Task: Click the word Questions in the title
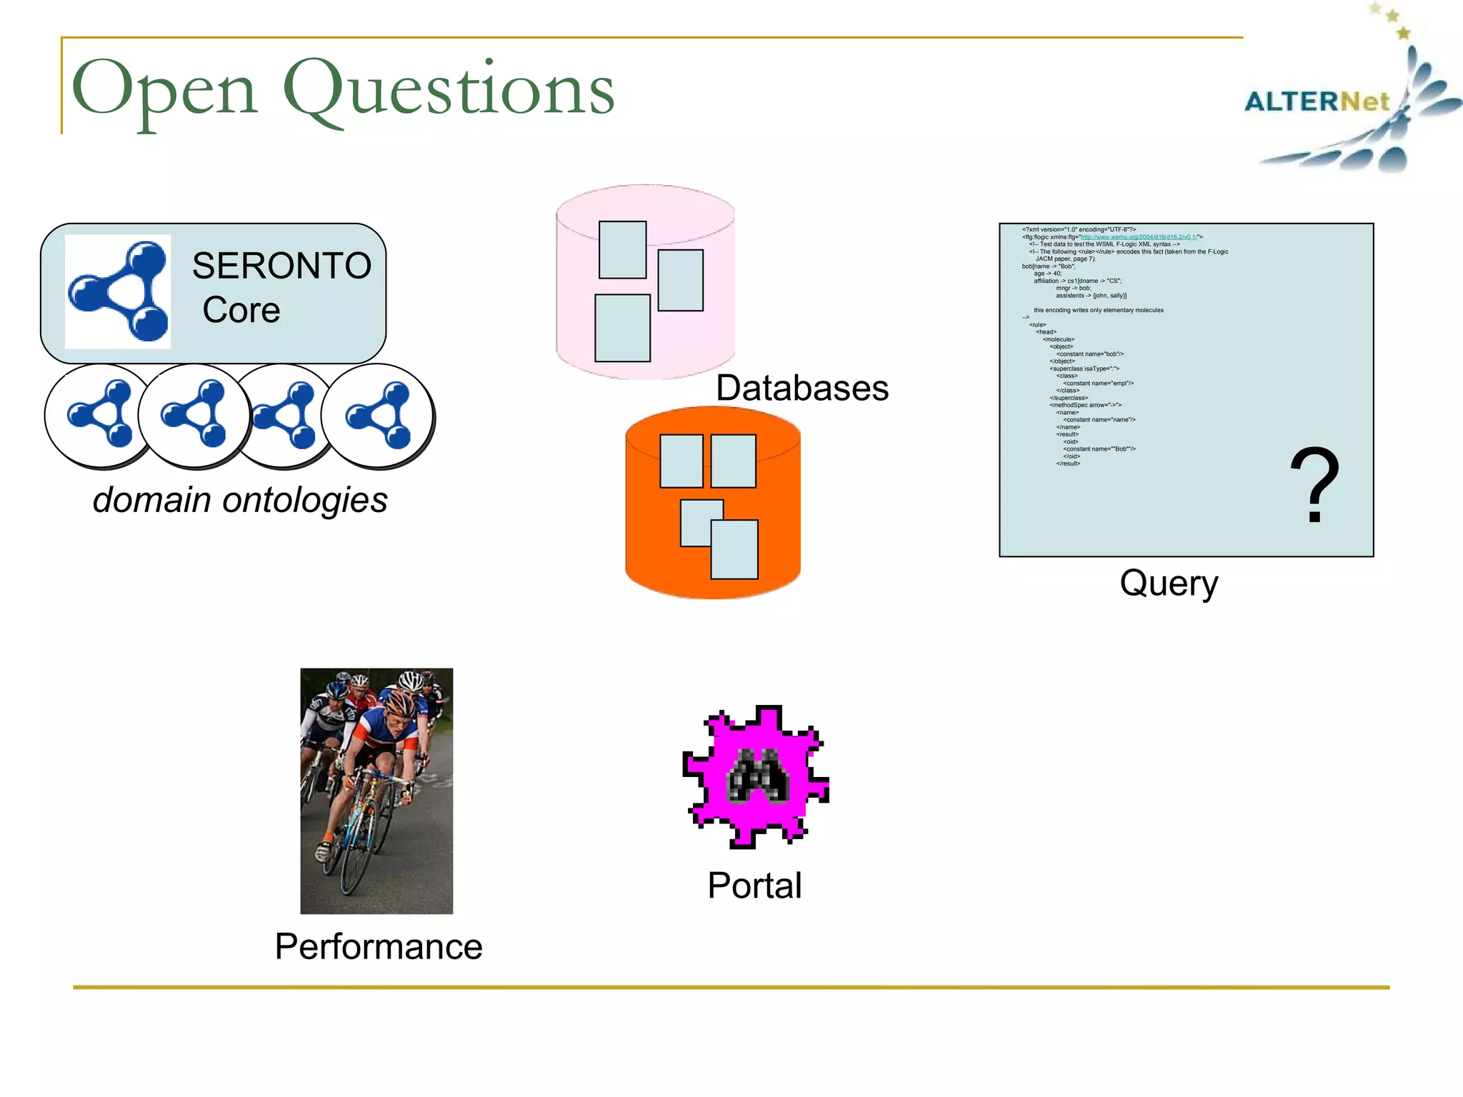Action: [449, 90]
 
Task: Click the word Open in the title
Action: [164, 90]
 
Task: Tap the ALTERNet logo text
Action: [1317, 101]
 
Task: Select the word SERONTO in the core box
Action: [281, 266]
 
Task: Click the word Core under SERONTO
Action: [241, 310]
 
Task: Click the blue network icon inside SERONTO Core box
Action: [119, 291]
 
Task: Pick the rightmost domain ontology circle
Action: [379, 415]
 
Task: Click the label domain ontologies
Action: [240, 499]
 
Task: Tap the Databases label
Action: [802, 388]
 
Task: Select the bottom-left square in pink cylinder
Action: [622, 328]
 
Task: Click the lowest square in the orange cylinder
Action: [734, 549]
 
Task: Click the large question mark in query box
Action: [1314, 486]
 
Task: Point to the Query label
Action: [1169, 583]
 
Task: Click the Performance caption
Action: [379, 946]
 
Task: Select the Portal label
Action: [754, 886]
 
